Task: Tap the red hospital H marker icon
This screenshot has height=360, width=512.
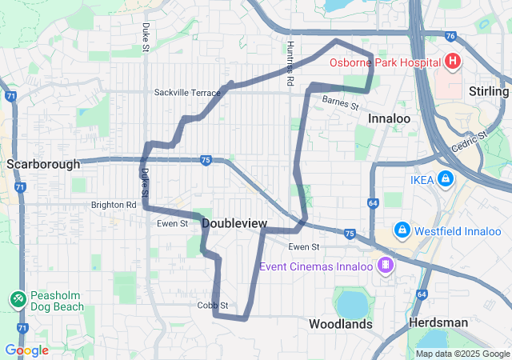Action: coord(453,61)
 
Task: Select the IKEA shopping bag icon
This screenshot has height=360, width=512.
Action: coord(445,180)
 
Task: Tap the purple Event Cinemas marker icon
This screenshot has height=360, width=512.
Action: coord(386,264)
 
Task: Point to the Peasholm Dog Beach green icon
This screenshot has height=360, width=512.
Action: coord(18,298)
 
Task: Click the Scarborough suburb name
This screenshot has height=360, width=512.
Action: coord(43,164)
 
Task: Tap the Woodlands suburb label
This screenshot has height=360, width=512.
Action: coord(341,324)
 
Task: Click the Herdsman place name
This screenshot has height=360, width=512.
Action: coord(438,322)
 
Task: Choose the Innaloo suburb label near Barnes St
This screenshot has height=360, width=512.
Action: coord(389,118)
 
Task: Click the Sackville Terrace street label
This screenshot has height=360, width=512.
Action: coord(187,93)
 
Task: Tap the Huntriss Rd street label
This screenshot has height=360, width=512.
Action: coord(290,64)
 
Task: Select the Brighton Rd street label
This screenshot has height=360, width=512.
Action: coord(114,205)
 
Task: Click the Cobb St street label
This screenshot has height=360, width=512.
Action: coord(213,306)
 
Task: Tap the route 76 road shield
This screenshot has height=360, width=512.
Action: coord(451,36)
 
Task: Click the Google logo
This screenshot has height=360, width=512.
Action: coord(26,350)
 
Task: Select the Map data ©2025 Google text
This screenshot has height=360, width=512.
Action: coord(462,354)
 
